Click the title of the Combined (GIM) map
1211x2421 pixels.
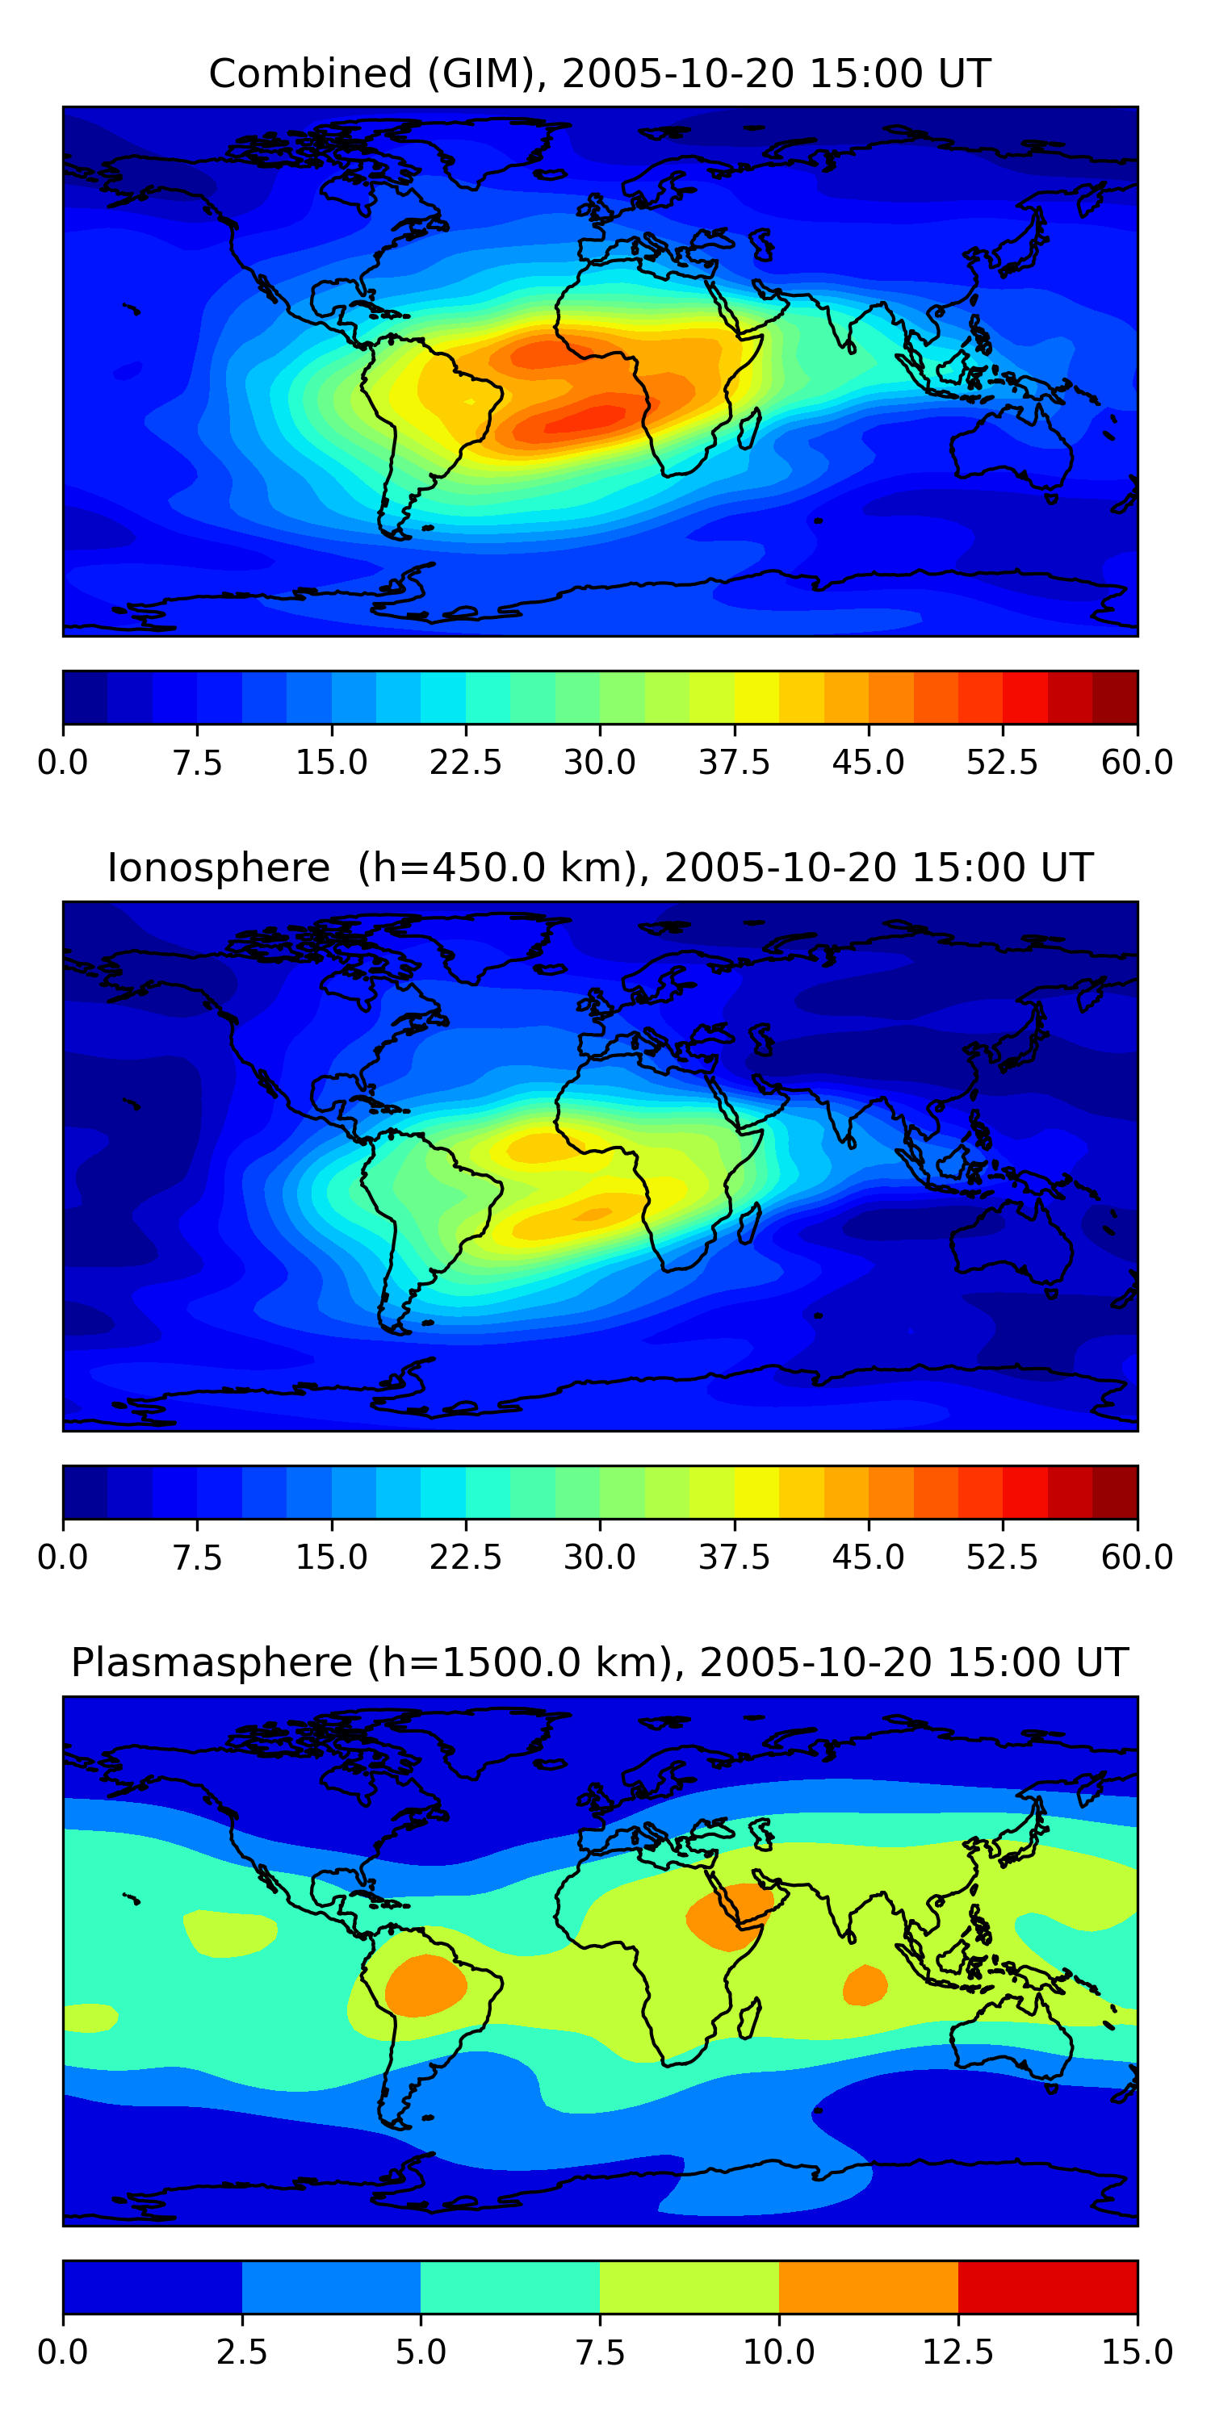tap(600, 73)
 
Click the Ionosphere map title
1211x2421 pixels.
tap(600, 868)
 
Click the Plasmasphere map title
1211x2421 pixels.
tap(600, 1662)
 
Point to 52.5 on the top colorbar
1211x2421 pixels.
tap(1002, 762)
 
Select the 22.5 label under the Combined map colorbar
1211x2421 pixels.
tap(465, 762)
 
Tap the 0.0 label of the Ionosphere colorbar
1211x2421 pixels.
tap(63, 1558)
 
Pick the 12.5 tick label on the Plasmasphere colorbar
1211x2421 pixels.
tap(958, 2352)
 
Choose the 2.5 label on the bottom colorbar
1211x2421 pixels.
tap(241, 2352)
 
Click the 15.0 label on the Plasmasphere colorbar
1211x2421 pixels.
tap(1138, 2352)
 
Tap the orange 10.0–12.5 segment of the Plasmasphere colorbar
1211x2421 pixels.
tap(869, 2286)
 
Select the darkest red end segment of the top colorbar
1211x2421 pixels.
tap(1115, 697)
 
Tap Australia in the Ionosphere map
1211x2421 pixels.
tap(1012, 1240)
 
